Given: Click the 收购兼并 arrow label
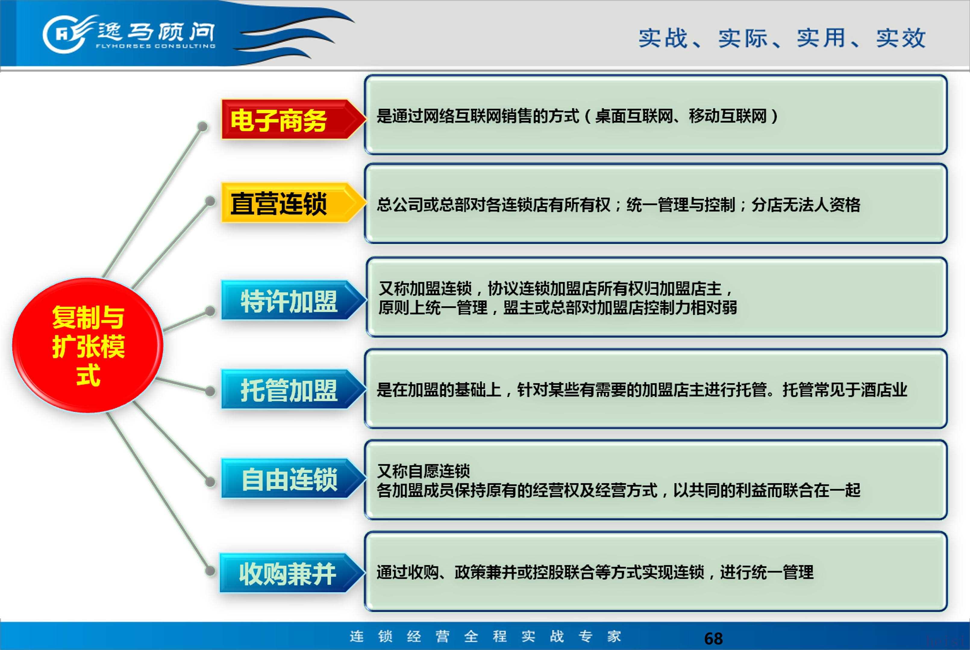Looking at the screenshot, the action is click(x=292, y=573).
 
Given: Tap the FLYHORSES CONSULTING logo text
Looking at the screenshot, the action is click(x=155, y=46).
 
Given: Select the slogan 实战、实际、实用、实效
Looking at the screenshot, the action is click(x=782, y=38).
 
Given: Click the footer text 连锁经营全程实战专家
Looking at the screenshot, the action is click(x=485, y=636).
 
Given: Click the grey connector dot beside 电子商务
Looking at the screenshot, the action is click(x=202, y=126).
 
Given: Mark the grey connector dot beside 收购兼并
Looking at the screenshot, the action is click(x=210, y=571).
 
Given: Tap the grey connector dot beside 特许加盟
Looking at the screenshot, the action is click(x=210, y=311).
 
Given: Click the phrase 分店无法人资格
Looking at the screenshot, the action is click(x=806, y=205).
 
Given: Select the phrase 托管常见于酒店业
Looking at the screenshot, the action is click(x=845, y=390).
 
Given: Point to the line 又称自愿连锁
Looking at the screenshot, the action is click(x=423, y=471).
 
